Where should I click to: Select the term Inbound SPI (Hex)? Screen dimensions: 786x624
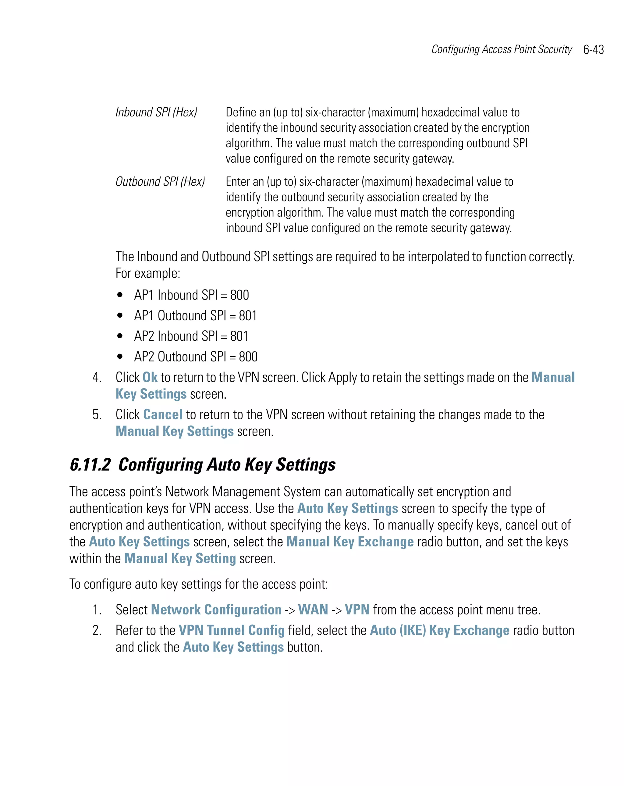point(156,112)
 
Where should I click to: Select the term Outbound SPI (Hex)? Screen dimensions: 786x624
point(160,182)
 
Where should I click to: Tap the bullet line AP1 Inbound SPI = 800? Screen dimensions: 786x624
point(191,295)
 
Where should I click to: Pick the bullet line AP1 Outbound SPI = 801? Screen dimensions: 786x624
point(195,316)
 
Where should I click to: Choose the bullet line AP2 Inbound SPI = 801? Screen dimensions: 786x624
point(191,336)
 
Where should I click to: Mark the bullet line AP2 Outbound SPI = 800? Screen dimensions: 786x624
point(196,357)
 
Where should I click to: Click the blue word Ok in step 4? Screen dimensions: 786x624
point(150,377)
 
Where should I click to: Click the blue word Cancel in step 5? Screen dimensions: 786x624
point(163,414)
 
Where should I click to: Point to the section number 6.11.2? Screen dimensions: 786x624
point(90,465)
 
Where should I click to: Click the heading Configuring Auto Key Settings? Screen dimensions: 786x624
point(227,465)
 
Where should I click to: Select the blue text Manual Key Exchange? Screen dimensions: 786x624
point(350,542)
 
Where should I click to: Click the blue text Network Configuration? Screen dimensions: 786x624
point(216,610)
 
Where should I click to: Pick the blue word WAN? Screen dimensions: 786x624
point(313,610)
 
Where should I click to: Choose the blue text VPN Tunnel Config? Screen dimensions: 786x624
point(232,630)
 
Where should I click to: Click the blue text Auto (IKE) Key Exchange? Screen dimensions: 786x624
point(439,630)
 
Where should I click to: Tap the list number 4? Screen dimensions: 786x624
point(97,377)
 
